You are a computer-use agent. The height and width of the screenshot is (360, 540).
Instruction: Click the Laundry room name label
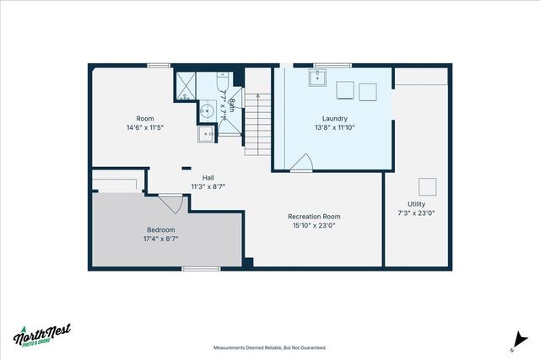tap(335, 119)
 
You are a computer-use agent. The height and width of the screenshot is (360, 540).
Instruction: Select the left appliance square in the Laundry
tap(345, 90)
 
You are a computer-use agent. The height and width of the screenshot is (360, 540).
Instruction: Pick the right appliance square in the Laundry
tap(368, 90)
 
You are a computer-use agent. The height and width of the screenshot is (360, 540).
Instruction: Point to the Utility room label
tap(416, 204)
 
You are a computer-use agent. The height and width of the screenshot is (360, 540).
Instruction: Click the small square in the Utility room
tap(429, 186)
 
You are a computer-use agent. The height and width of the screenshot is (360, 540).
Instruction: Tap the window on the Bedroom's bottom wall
tap(196, 269)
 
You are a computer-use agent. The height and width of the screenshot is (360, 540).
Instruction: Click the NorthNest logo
tap(42, 335)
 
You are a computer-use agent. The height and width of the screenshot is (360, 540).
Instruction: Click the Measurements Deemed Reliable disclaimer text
tap(269, 347)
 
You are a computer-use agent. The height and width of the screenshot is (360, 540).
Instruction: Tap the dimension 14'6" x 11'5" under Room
tap(144, 127)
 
